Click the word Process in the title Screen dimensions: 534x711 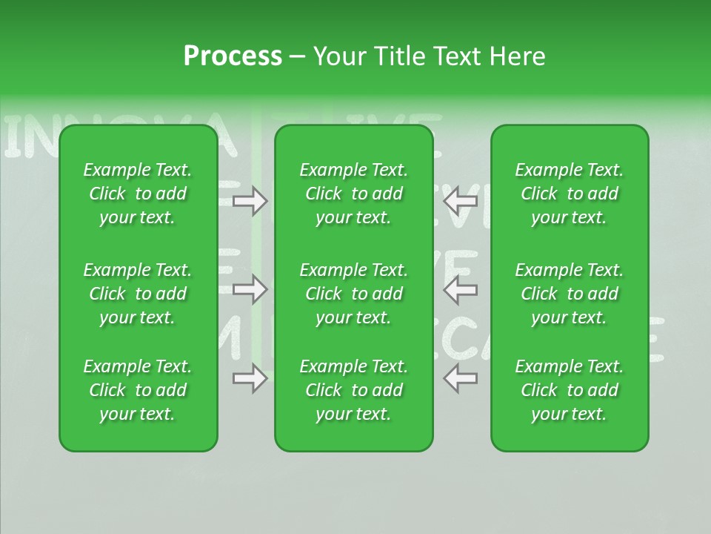(233, 56)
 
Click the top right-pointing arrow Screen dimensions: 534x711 (250, 200)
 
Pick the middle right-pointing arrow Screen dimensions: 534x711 (250, 289)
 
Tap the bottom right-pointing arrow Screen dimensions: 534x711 (250, 379)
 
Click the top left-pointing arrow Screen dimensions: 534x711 (461, 200)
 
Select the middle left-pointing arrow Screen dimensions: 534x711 (461, 289)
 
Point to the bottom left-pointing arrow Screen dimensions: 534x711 (461, 379)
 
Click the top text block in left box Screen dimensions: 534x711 (138, 194)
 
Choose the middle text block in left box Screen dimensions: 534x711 (138, 294)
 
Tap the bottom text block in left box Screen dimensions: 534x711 (138, 390)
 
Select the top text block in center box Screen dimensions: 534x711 (354, 194)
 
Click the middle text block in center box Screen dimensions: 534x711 (354, 294)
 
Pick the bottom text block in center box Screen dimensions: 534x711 (354, 390)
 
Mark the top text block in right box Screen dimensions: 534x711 (570, 194)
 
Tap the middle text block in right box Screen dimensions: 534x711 (570, 294)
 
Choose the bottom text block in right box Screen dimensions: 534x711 (570, 390)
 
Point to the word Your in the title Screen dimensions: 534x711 (338, 56)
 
